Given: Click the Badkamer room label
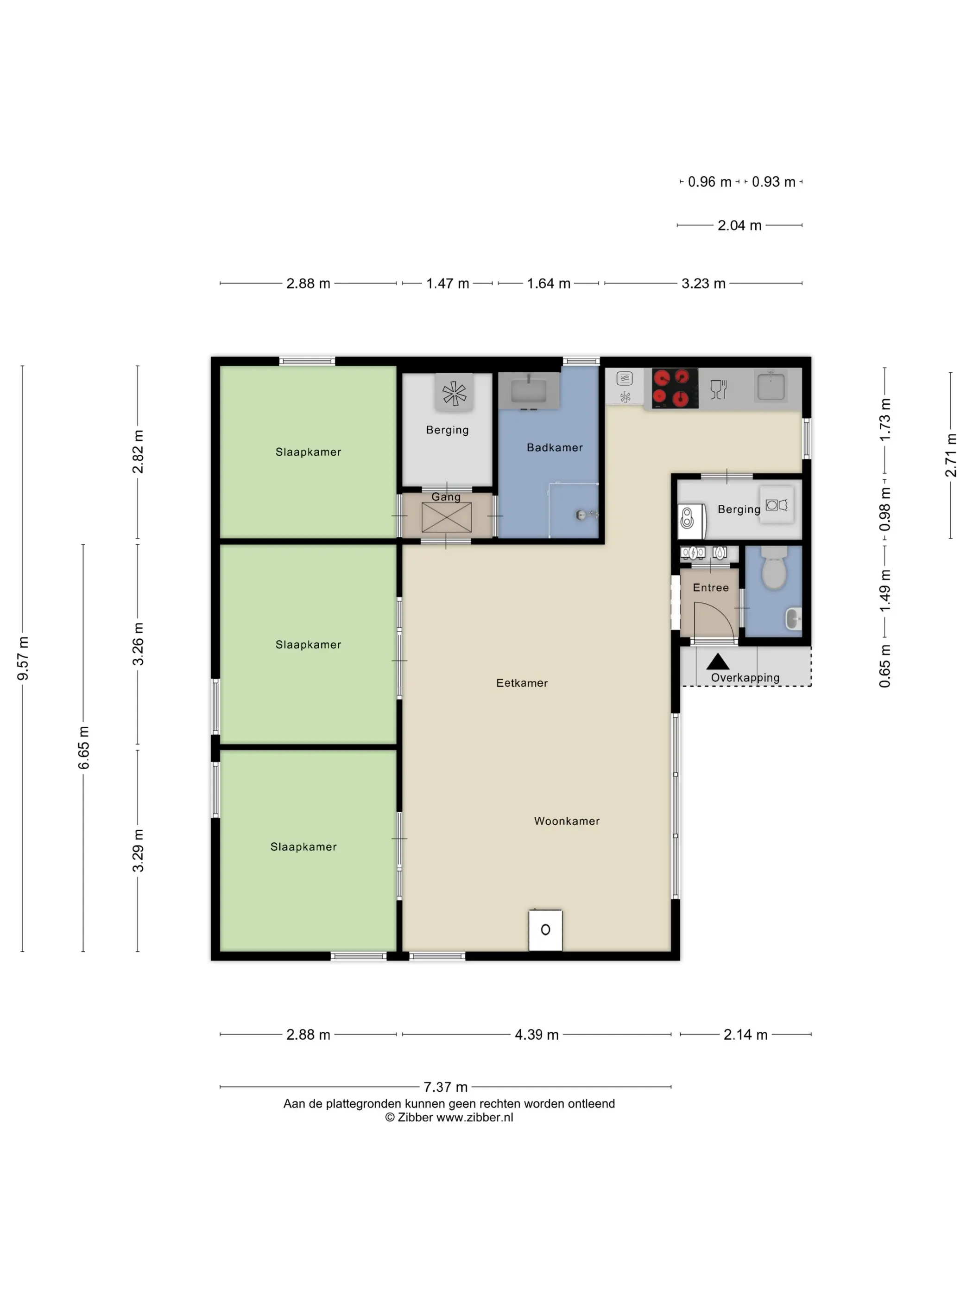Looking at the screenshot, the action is [x=554, y=448].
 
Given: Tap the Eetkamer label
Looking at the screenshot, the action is [x=521, y=683].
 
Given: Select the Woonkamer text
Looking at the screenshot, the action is [x=567, y=821].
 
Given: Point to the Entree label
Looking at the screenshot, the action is [x=710, y=587].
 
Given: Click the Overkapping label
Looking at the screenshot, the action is [x=745, y=678].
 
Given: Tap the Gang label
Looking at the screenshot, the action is [x=446, y=497].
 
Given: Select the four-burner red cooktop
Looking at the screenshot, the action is [x=675, y=388].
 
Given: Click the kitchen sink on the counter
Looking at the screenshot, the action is [x=770, y=387].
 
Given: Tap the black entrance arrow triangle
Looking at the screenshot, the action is [x=717, y=662].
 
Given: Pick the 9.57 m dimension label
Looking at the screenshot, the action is [x=23, y=658].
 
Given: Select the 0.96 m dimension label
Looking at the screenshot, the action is [x=709, y=182].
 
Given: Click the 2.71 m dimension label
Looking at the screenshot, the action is [x=951, y=455].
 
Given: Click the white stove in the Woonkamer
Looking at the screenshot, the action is [x=545, y=930].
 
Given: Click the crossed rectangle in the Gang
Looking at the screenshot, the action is [x=446, y=517].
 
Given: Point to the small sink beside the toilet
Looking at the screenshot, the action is [x=792, y=619].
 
